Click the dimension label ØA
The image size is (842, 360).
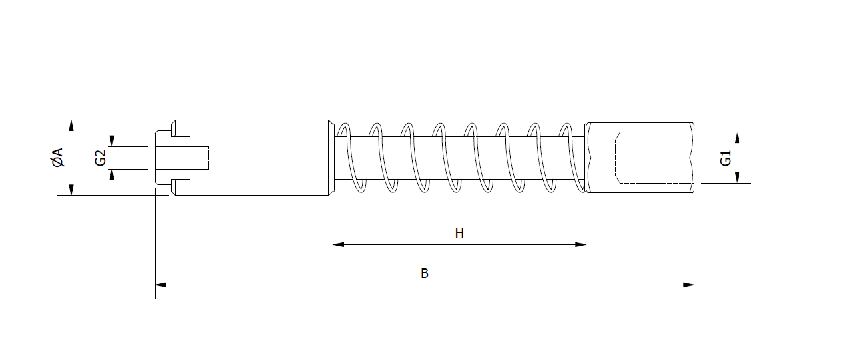[x=57, y=158]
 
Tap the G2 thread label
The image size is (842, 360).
[x=101, y=158]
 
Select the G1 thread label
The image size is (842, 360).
[x=726, y=158]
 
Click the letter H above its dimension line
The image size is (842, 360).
[x=459, y=233]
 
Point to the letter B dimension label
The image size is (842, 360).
[x=425, y=273]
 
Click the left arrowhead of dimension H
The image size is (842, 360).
[x=338, y=245]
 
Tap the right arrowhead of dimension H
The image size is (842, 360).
[x=580, y=245]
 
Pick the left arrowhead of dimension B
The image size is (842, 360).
[x=160, y=285]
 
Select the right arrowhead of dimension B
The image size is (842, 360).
[x=688, y=285]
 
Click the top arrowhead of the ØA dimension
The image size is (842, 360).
[x=71, y=125]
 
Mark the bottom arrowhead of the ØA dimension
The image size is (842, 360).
[x=71, y=190]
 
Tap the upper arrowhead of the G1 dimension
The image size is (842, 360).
[x=737, y=137]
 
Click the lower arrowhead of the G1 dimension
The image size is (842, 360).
[x=737, y=178]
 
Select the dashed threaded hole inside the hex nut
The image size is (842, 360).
[x=656, y=158]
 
